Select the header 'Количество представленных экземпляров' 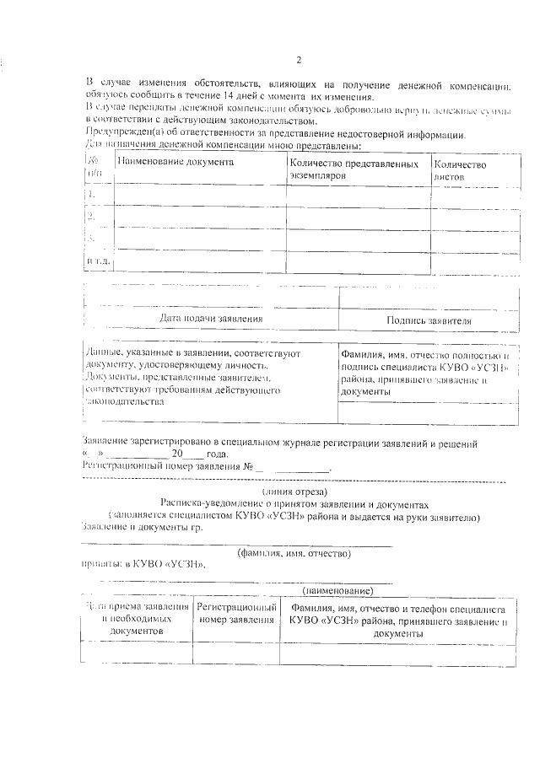(x=354, y=170)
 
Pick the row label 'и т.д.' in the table (x=99, y=261)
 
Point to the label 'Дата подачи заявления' (x=211, y=320)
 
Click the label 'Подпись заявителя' (x=429, y=320)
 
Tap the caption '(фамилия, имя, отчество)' (x=294, y=553)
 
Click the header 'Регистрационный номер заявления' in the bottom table (x=237, y=614)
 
